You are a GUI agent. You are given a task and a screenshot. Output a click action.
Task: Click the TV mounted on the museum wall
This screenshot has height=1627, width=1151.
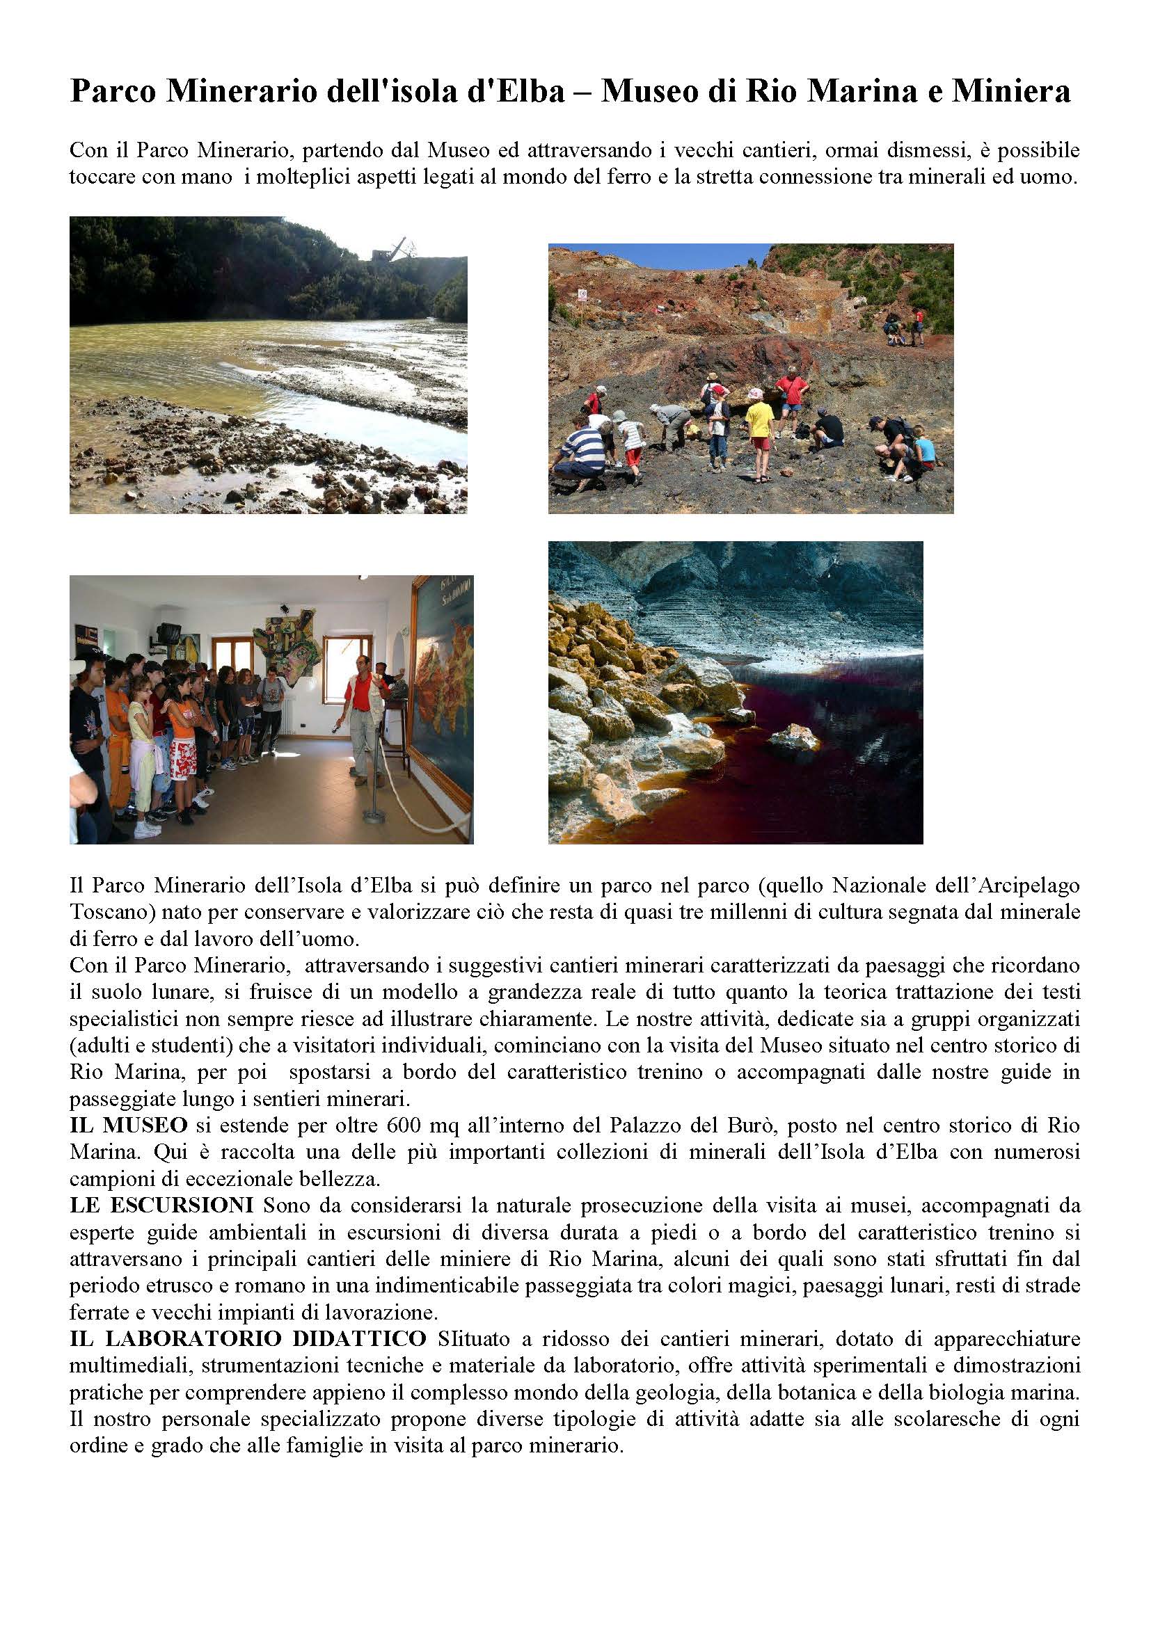click(167, 632)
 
